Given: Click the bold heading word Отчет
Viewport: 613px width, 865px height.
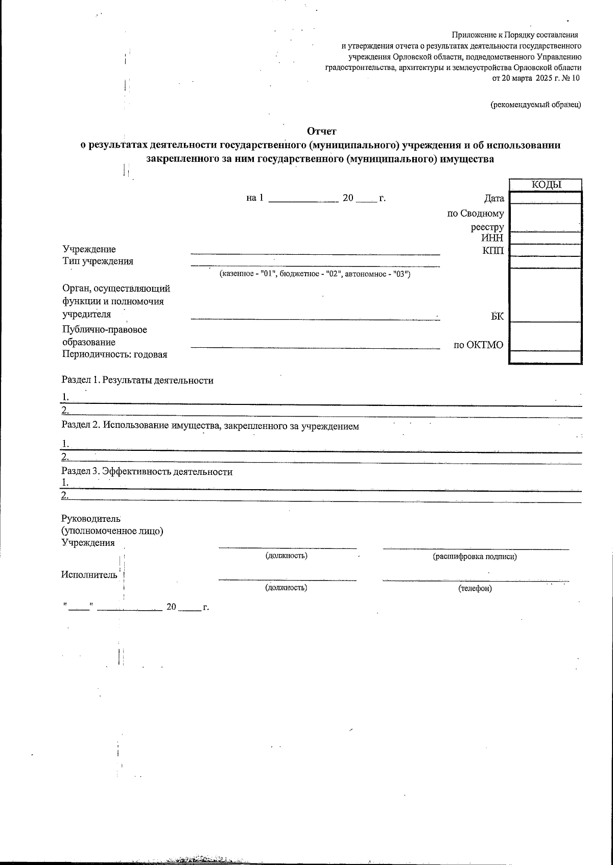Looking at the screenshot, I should pos(321,132).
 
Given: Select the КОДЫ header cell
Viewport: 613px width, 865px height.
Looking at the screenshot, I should pos(546,185).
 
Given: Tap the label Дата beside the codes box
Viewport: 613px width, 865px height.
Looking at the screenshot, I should pos(494,199).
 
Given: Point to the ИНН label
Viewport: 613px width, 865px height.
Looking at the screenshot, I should pos(492,238).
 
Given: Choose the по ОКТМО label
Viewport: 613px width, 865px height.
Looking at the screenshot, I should pos(479,345).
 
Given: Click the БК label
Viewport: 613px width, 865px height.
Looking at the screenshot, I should pos(497,317).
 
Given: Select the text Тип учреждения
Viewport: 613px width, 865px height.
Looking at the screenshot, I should pos(98,261).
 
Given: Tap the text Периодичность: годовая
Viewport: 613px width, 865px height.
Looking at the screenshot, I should pos(115,354).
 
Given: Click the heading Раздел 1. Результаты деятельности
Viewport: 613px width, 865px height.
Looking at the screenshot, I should pos(137,380).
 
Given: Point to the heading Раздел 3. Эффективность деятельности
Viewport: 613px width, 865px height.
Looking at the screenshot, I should pos(147,472).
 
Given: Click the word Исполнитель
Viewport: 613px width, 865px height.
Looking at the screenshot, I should pos(89,574).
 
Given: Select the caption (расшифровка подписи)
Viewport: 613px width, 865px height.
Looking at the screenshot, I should pos(475,557).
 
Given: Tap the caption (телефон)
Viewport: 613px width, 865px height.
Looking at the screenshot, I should pos(475,589).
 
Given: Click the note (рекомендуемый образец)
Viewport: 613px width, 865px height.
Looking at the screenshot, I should pos(535,105).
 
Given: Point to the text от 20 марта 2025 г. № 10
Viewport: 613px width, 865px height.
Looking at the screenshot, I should pos(536,78).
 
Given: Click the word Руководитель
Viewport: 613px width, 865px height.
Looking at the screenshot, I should pos(90,518).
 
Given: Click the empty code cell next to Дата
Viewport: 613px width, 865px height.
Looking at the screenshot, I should pos(546,198).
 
